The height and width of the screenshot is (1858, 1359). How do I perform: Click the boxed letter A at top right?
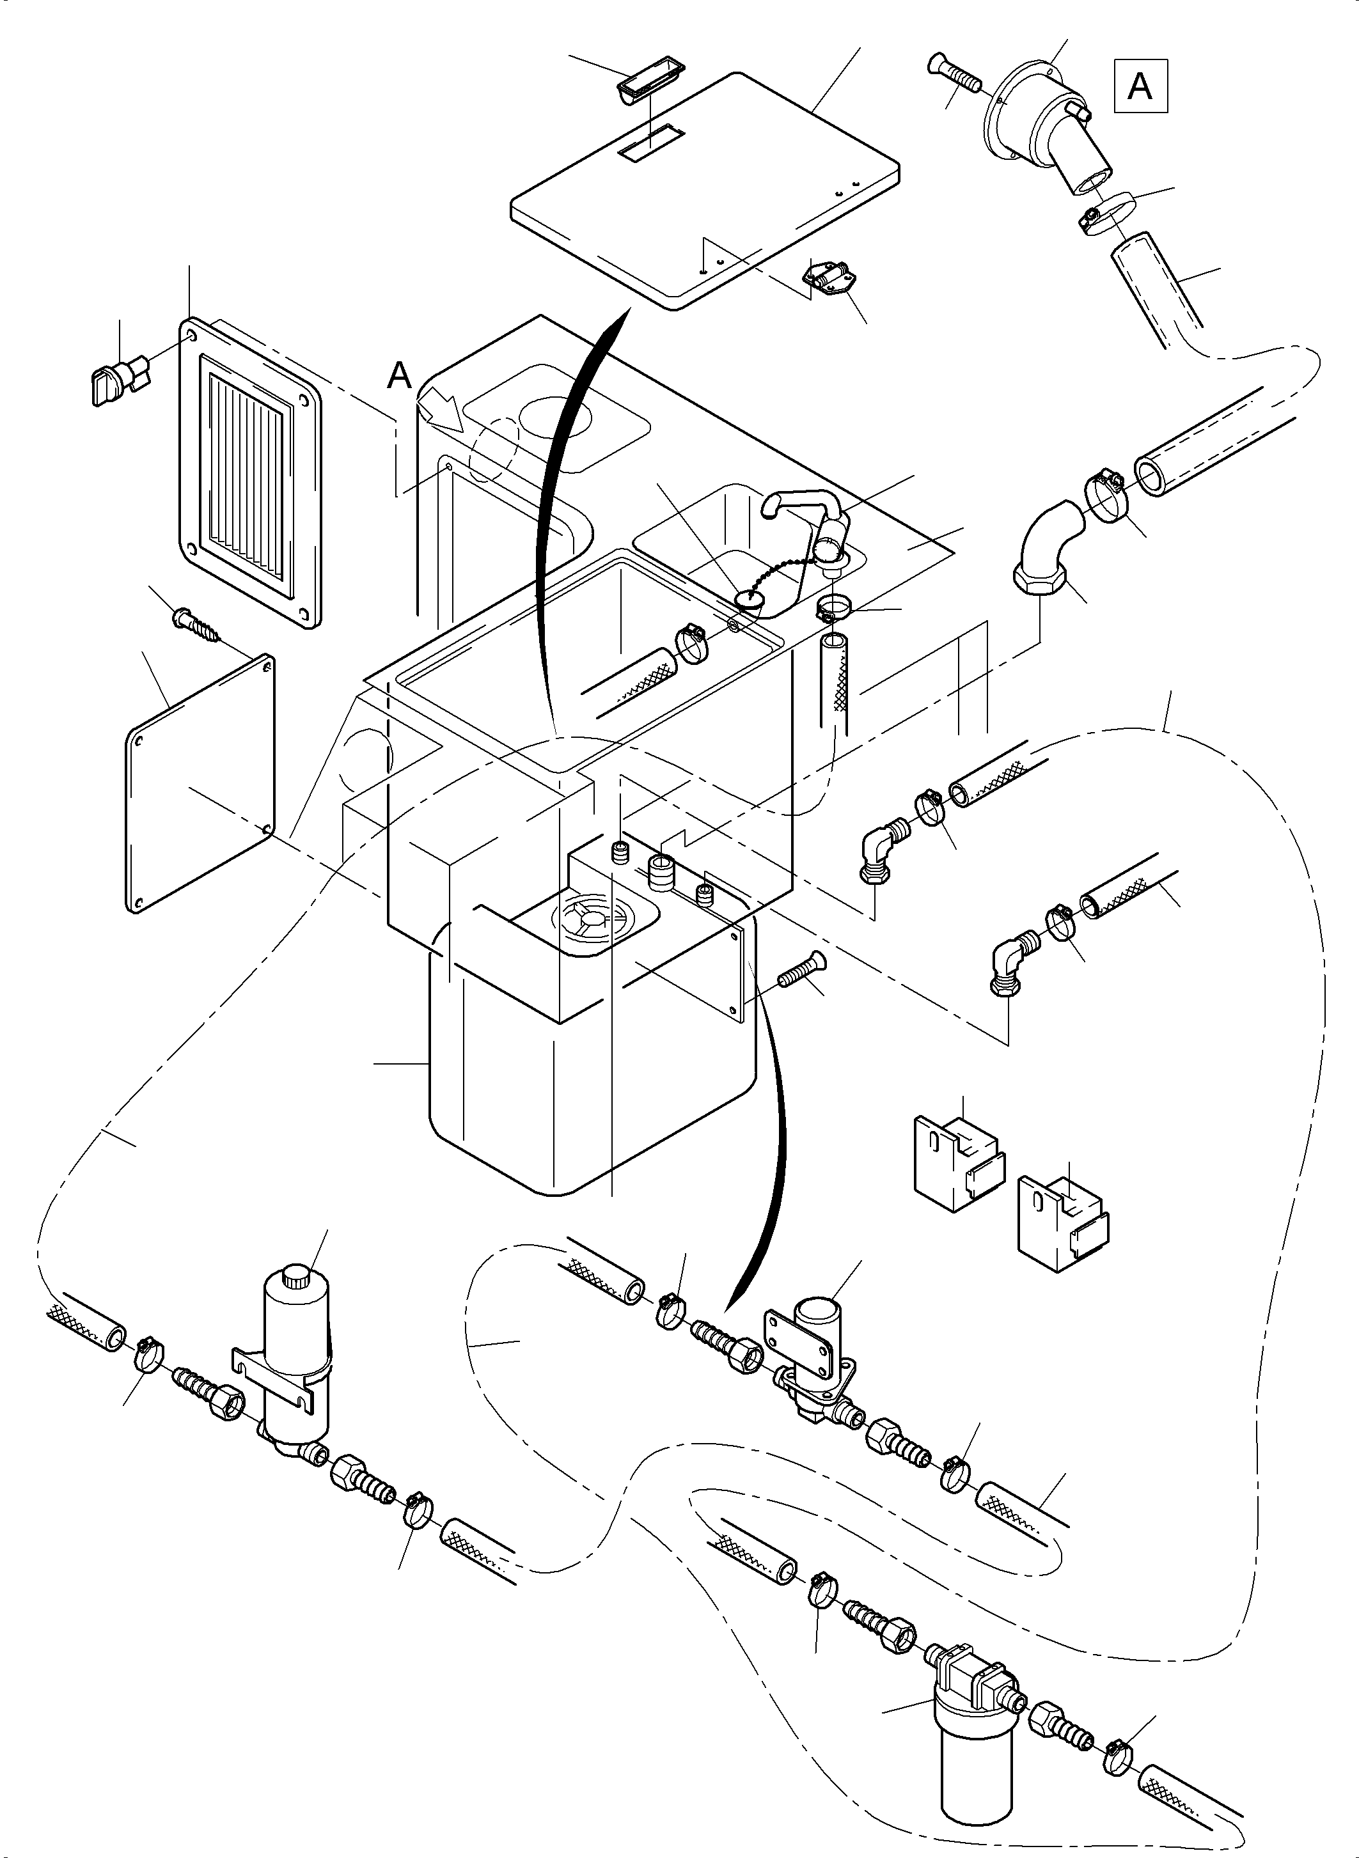(x=1140, y=86)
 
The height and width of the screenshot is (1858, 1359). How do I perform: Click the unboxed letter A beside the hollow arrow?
(x=399, y=376)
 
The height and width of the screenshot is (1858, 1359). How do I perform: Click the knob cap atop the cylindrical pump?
(x=295, y=1280)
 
